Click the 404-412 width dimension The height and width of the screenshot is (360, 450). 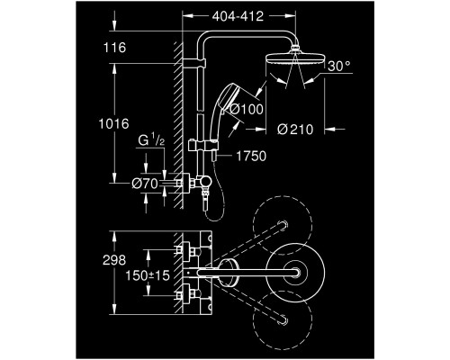coord(238,16)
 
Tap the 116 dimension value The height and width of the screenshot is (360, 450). coord(114,48)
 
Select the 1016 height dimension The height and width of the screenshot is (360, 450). coord(113,123)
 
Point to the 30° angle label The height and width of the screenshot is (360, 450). coord(338,66)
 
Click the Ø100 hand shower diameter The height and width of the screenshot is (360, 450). coord(247,109)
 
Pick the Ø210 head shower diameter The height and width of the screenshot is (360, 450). coord(295,130)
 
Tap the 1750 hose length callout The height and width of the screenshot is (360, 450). coord(251,156)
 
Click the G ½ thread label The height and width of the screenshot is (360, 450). coord(151,140)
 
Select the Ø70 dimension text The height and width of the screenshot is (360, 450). coord(145,184)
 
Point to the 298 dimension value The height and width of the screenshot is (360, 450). coord(114,260)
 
